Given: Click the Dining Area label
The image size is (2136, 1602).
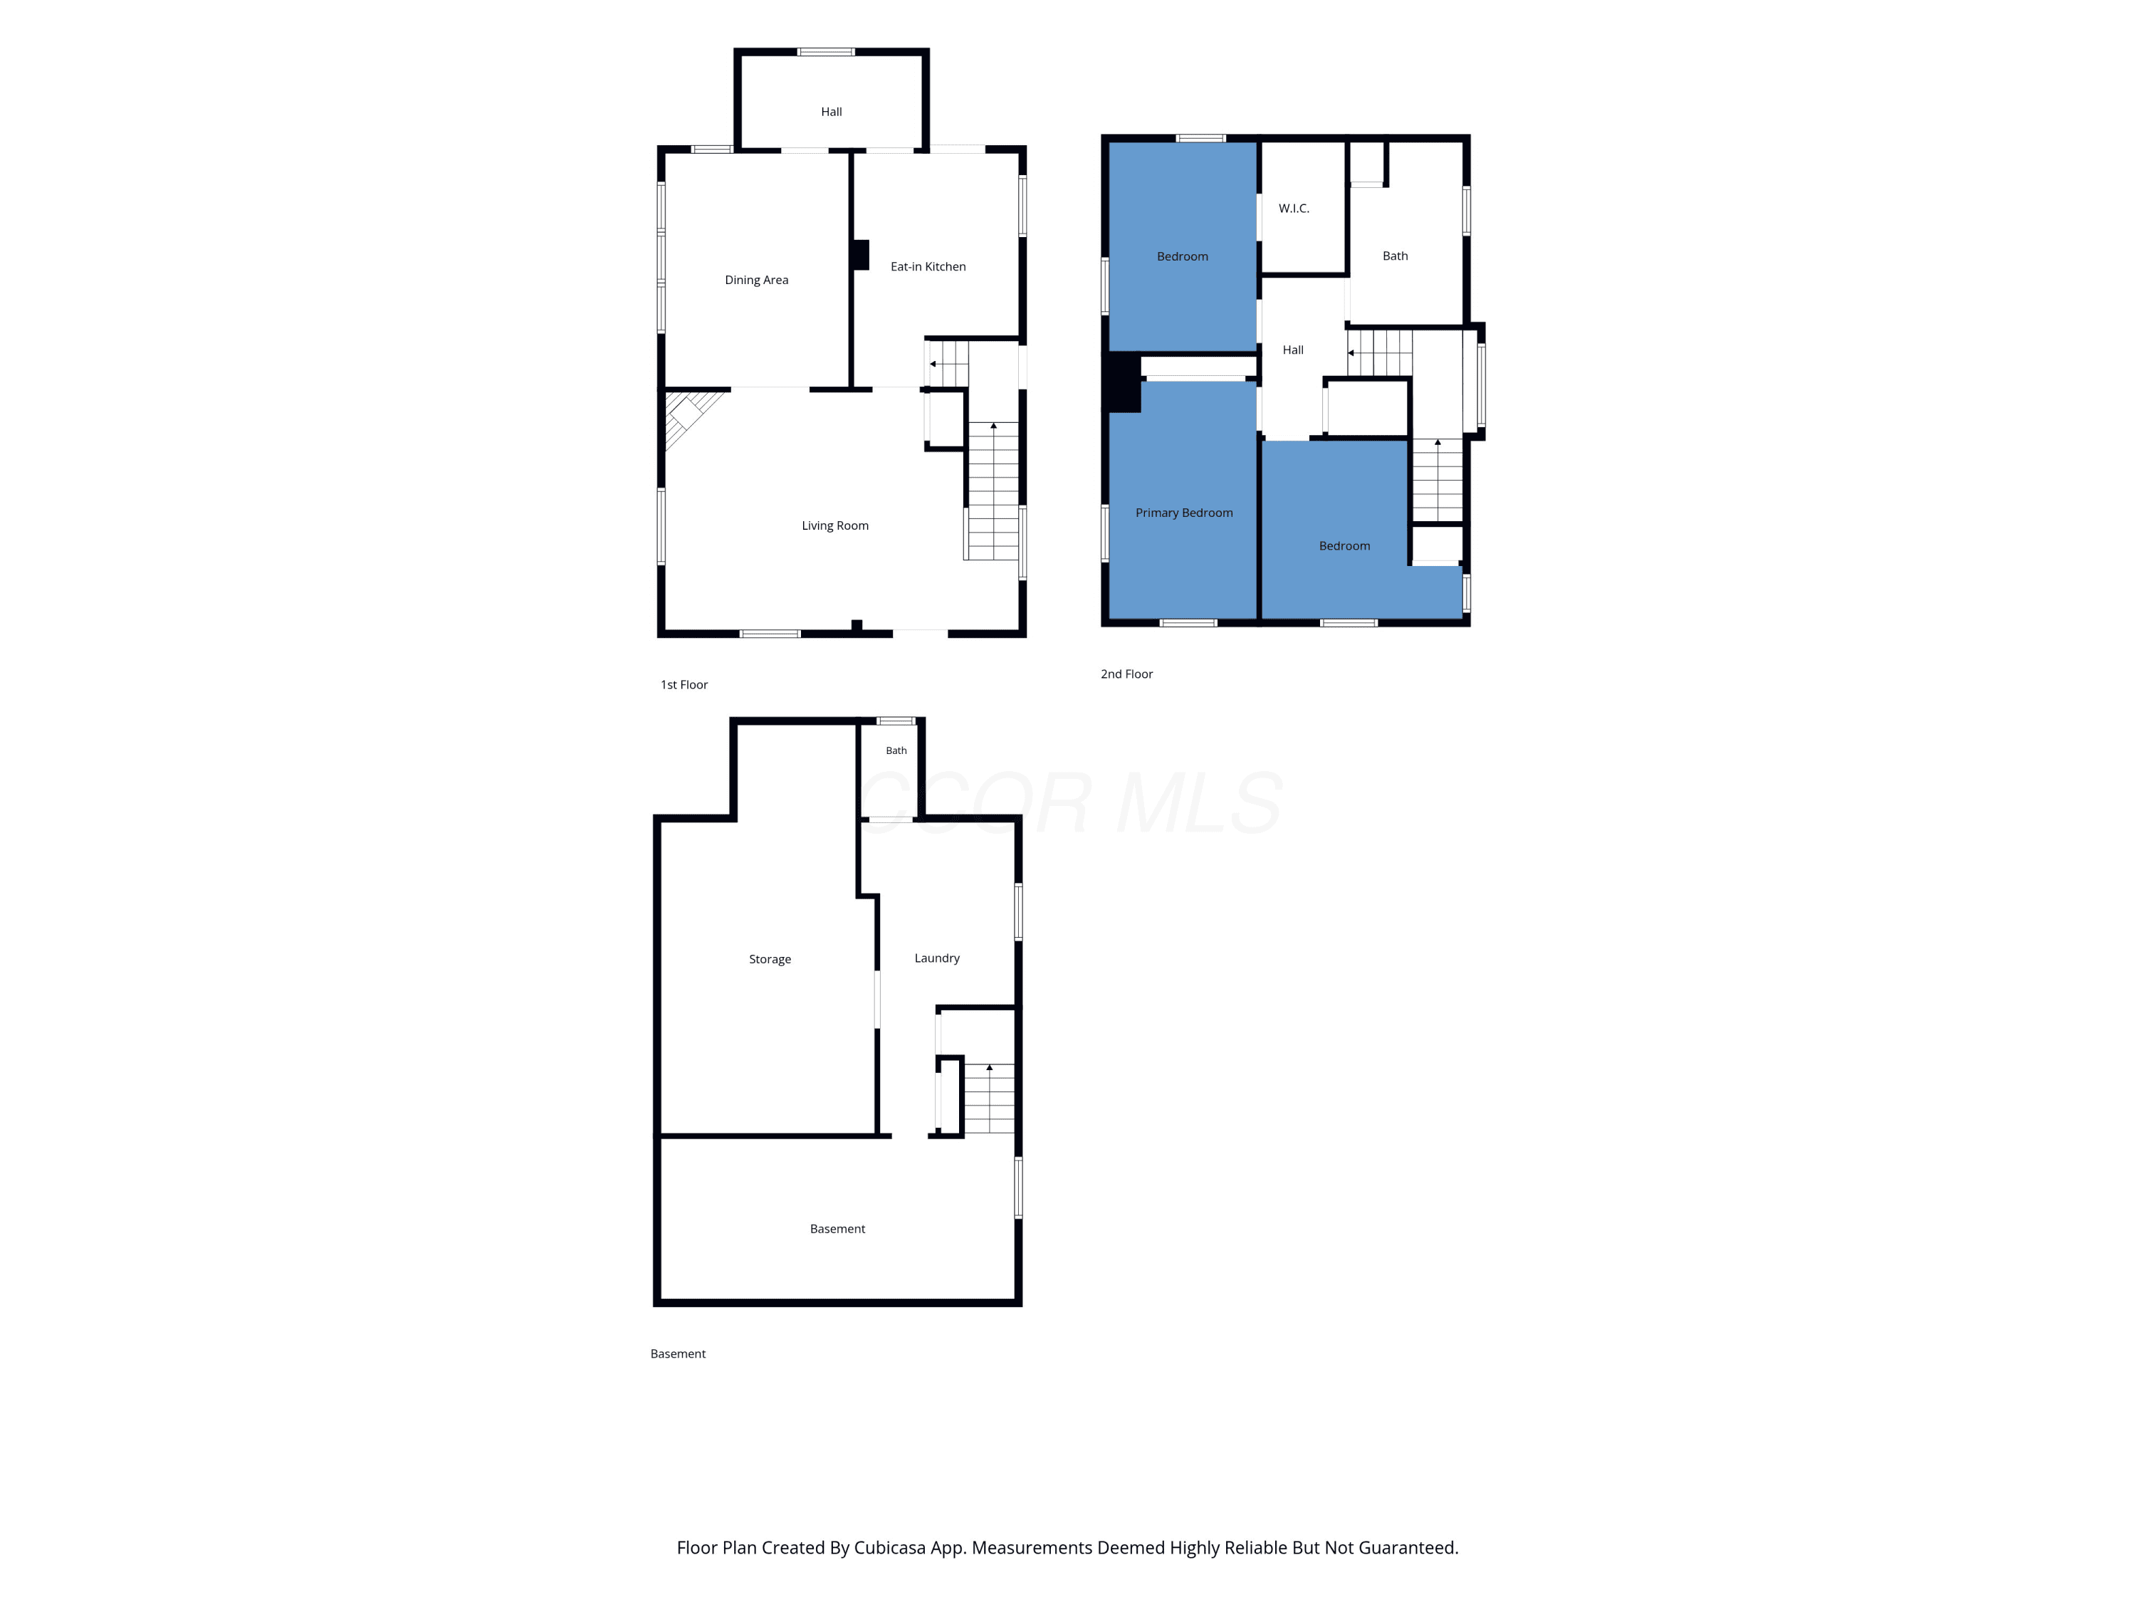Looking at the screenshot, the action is click(756, 280).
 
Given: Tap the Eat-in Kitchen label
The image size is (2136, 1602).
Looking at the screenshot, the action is click(928, 266).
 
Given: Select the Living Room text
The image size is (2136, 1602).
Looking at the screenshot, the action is click(835, 525).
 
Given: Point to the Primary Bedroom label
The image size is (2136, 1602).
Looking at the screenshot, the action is click(1184, 513).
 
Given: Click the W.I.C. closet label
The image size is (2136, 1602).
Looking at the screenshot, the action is click(1294, 209).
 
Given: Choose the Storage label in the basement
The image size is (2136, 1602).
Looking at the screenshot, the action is click(770, 959).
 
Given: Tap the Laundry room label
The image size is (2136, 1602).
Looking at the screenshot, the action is click(937, 958).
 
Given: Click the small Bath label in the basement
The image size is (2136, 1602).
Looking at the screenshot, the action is click(896, 750).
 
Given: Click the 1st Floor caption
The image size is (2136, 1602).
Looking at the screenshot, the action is click(684, 685).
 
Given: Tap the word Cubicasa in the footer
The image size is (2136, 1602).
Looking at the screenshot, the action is click(889, 1548).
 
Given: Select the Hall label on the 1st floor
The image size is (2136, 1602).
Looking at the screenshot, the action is click(832, 112).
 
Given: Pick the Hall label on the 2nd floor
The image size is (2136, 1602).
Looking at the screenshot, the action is click(1293, 350).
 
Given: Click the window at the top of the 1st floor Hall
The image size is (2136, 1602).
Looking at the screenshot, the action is click(826, 52).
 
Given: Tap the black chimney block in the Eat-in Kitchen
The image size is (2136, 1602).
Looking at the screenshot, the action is click(860, 254).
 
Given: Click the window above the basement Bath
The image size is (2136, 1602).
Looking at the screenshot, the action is click(896, 721).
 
